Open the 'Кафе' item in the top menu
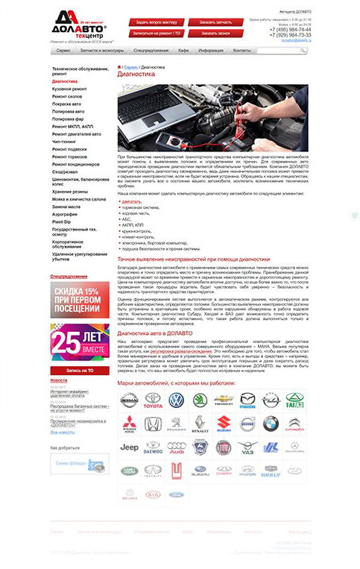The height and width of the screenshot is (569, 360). click(x=183, y=50)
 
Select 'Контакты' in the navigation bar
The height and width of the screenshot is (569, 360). click(x=242, y=50)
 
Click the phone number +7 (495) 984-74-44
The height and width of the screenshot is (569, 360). click(x=291, y=29)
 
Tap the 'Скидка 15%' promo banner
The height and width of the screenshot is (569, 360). click(x=75, y=299)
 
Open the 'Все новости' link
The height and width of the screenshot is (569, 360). click(x=63, y=433)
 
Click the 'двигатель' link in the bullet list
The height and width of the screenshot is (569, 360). click(x=132, y=201)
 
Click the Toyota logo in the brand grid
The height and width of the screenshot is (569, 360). click(x=153, y=402)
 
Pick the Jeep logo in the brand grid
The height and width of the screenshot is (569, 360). click(x=130, y=447)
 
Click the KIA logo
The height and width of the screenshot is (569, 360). click(x=153, y=494)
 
